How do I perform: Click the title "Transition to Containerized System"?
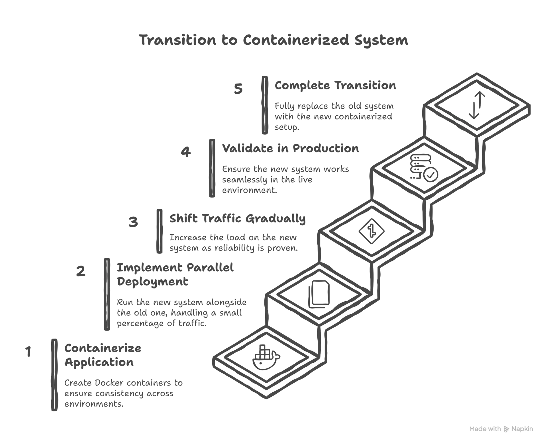pyautogui.click(x=273, y=40)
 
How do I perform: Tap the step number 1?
pyautogui.click(x=28, y=351)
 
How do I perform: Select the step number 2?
pyautogui.click(x=81, y=271)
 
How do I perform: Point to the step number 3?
pyautogui.click(x=133, y=222)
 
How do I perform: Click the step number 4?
pyautogui.click(x=186, y=152)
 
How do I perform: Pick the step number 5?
pyautogui.click(x=238, y=89)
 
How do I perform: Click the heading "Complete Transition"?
pyautogui.click(x=335, y=85)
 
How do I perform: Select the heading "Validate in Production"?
pyautogui.click(x=290, y=149)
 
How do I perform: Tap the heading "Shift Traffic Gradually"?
pyautogui.click(x=237, y=219)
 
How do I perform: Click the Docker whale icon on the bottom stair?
pyautogui.click(x=266, y=358)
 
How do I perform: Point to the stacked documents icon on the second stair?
pyautogui.click(x=319, y=294)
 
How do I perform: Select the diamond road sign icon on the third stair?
pyautogui.click(x=372, y=231)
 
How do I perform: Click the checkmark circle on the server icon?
pyautogui.click(x=430, y=175)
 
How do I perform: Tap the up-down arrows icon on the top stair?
pyautogui.click(x=477, y=105)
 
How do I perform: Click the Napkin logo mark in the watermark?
pyautogui.click(x=506, y=429)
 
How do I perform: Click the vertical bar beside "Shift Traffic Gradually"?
pyautogui.click(x=160, y=231)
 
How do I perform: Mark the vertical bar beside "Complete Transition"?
pyautogui.click(x=265, y=105)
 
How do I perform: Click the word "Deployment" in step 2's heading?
pyautogui.click(x=152, y=282)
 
